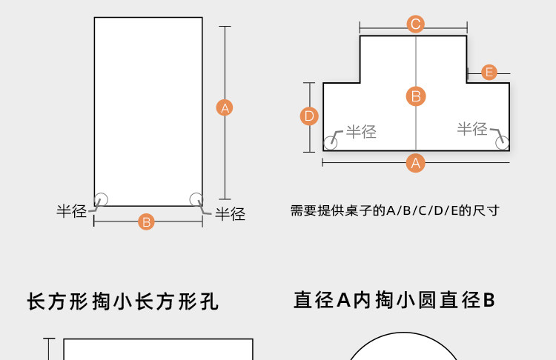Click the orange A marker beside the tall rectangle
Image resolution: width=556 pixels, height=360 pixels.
tap(225, 107)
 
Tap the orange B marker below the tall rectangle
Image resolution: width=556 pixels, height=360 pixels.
tap(147, 221)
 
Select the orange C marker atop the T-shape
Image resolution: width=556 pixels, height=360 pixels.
tap(416, 24)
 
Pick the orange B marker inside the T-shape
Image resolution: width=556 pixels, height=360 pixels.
tap(416, 96)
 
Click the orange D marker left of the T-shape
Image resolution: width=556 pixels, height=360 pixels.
tap(310, 116)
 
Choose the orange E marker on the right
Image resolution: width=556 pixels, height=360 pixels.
tap(489, 72)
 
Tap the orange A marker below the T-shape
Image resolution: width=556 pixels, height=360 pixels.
tap(416, 163)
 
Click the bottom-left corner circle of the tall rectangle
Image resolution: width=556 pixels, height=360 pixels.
tap(102, 199)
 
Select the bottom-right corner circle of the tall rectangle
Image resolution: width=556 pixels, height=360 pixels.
tap(196, 199)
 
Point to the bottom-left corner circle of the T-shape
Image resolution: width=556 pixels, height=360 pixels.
tap(331, 143)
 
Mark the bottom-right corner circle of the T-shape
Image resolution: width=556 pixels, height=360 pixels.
tap(503, 143)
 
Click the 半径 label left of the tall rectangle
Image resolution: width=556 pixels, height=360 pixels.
tap(72, 211)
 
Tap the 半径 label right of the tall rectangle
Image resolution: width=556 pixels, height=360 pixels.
tap(230, 214)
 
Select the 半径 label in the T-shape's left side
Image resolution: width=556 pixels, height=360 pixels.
tap(362, 132)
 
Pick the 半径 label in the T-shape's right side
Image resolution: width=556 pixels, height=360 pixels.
tap(472, 129)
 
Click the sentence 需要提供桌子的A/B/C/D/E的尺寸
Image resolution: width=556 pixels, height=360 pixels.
tap(394, 210)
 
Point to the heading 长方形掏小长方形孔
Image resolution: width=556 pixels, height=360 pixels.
tap(123, 302)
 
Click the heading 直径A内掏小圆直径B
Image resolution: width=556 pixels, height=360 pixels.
tap(394, 300)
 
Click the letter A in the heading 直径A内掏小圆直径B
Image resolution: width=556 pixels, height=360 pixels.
tap(342, 300)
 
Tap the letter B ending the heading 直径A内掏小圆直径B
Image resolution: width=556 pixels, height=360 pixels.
tap(489, 300)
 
